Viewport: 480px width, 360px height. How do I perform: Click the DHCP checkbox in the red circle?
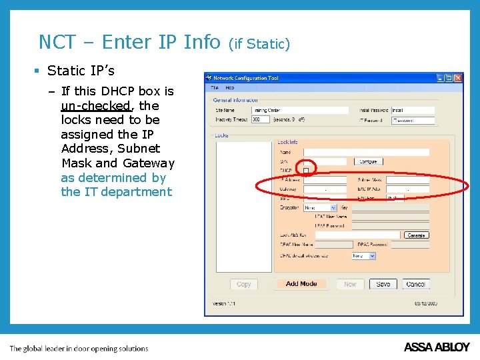(x=306, y=171)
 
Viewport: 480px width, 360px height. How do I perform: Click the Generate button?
(x=415, y=235)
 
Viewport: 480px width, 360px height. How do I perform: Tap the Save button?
(x=383, y=284)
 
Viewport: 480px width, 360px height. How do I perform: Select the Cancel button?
(x=416, y=284)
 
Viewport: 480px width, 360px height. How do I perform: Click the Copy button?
(x=244, y=284)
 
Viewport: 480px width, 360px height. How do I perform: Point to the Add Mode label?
(x=301, y=284)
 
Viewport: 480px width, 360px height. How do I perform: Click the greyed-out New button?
(x=350, y=284)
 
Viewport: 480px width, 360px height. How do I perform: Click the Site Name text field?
(x=300, y=110)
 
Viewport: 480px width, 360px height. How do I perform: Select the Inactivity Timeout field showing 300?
(x=261, y=120)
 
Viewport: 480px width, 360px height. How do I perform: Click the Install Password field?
(x=413, y=110)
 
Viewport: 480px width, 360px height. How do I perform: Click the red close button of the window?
(x=458, y=78)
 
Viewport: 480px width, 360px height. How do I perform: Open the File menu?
(x=215, y=87)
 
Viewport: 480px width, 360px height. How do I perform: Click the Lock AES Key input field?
(x=352, y=235)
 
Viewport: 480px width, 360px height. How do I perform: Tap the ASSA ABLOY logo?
(x=437, y=347)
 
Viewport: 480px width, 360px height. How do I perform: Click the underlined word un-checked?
(x=95, y=106)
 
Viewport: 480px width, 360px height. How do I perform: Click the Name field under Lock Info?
(x=366, y=153)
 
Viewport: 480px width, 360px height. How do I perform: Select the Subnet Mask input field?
(x=408, y=180)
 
